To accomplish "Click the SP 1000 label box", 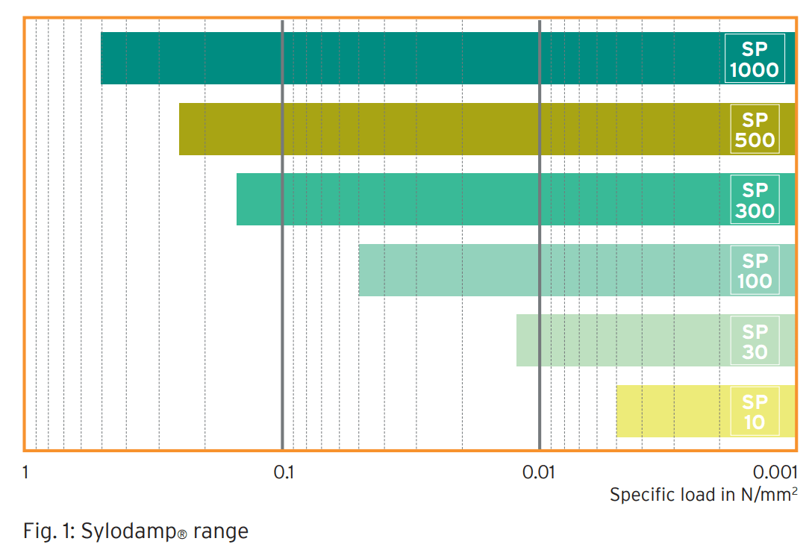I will tap(755, 59).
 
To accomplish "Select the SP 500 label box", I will tap(755, 129).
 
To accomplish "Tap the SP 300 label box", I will tap(755, 199).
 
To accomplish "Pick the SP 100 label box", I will tap(755, 270).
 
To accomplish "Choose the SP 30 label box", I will tap(755, 340).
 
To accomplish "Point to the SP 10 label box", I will tap(755, 411).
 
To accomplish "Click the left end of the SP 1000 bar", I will tap(102, 58).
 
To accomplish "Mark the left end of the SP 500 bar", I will tap(180, 129).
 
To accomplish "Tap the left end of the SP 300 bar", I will tap(238, 199).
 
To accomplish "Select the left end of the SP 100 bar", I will tap(360, 270).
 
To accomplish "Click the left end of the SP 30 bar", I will tap(517, 340).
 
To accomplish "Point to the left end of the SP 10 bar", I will tap(618, 411).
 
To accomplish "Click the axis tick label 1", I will tap(26, 472).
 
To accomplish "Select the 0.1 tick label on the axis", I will tap(283, 472).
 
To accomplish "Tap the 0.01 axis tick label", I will tap(540, 472).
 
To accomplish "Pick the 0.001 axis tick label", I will tap(776, 472).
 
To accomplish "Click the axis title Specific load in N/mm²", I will tap(704, 494).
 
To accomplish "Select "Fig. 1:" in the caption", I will tap(48, 531).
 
